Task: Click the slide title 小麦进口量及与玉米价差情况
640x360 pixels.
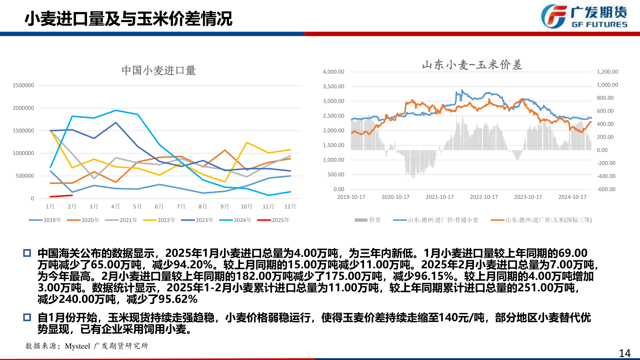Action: (128, 19)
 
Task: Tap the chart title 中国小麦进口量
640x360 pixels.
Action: (159, 70)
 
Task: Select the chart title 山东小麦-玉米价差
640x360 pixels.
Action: (472, 65)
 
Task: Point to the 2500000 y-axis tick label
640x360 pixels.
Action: (23, 85)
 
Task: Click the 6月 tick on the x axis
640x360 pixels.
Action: (159, 206)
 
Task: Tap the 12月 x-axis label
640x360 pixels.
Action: (290, 206)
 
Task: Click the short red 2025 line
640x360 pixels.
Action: (61, 196)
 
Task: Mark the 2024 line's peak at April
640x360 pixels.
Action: (116, 110)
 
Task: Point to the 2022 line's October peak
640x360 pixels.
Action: (247, 143)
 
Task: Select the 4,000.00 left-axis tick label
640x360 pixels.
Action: (333, 72)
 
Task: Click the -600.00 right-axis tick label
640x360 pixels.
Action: (606, 189)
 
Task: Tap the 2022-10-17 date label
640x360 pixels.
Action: (484, 197)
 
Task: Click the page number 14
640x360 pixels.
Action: (625, 353)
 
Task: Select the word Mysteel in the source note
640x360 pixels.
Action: (77, 346)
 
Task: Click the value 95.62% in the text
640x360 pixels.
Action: (178, 299)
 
